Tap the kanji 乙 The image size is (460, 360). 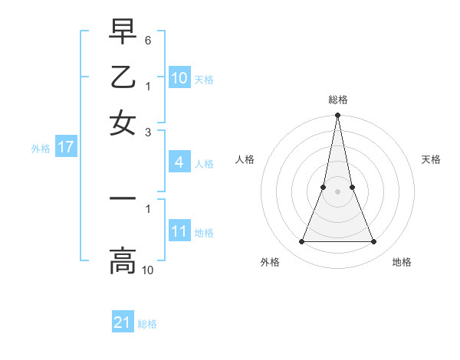(123, 77)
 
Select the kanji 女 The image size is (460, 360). (123, 123)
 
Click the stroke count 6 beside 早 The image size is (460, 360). (148, 39)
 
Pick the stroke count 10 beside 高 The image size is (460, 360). (148, 270)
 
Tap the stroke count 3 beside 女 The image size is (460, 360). (148, 132)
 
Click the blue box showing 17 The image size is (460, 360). (66, 148)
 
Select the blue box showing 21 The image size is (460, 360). (123, 322)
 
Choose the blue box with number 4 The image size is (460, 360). (179, 162)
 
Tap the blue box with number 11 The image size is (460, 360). (179, 231)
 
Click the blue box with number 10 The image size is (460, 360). (179, 78)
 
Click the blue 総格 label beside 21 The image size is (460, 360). (147, 324)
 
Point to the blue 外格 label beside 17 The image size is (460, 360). (41, 149)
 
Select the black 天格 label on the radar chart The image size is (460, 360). (432, 159)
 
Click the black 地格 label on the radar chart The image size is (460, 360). (402, 262)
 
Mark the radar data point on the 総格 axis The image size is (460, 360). (337, 116)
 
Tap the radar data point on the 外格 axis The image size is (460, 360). (301, 242)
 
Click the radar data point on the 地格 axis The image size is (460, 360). (374, 242)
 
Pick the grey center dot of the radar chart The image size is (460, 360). (337, 191)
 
